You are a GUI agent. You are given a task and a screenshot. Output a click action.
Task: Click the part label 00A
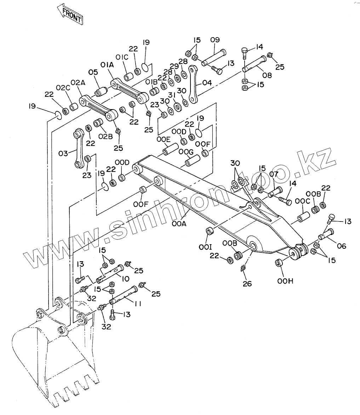[179, 224]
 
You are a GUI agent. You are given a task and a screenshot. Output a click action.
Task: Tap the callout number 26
[247, 284]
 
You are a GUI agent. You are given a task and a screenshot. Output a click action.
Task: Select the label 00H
[285, 281]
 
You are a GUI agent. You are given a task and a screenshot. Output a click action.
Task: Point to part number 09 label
[215, 40]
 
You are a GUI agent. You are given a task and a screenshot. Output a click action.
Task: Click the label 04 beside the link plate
[207, 83]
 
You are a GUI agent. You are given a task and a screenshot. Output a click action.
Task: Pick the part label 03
[63, 153]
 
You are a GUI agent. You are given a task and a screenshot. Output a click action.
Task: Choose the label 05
[93, 72]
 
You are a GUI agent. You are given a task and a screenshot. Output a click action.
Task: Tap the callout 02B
[105, 136]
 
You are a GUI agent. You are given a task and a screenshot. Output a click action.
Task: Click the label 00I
[205, 247]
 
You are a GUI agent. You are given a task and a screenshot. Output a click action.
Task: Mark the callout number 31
[172, 95]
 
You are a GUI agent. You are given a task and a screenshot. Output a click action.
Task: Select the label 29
[174, 66]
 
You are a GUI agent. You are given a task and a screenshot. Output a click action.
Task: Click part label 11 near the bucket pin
[138, 304]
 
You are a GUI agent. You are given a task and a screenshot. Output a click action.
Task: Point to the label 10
[126, 279]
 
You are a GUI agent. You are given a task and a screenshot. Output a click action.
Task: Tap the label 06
[342, 246]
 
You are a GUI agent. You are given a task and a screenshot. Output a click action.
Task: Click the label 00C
[302, 201]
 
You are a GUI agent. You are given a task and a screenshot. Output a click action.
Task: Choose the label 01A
[107, 65]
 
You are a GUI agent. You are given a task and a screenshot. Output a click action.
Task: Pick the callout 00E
[164, 140]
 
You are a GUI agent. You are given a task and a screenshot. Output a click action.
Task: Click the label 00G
[186, 152]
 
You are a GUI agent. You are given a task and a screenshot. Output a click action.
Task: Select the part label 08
[267, 75]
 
